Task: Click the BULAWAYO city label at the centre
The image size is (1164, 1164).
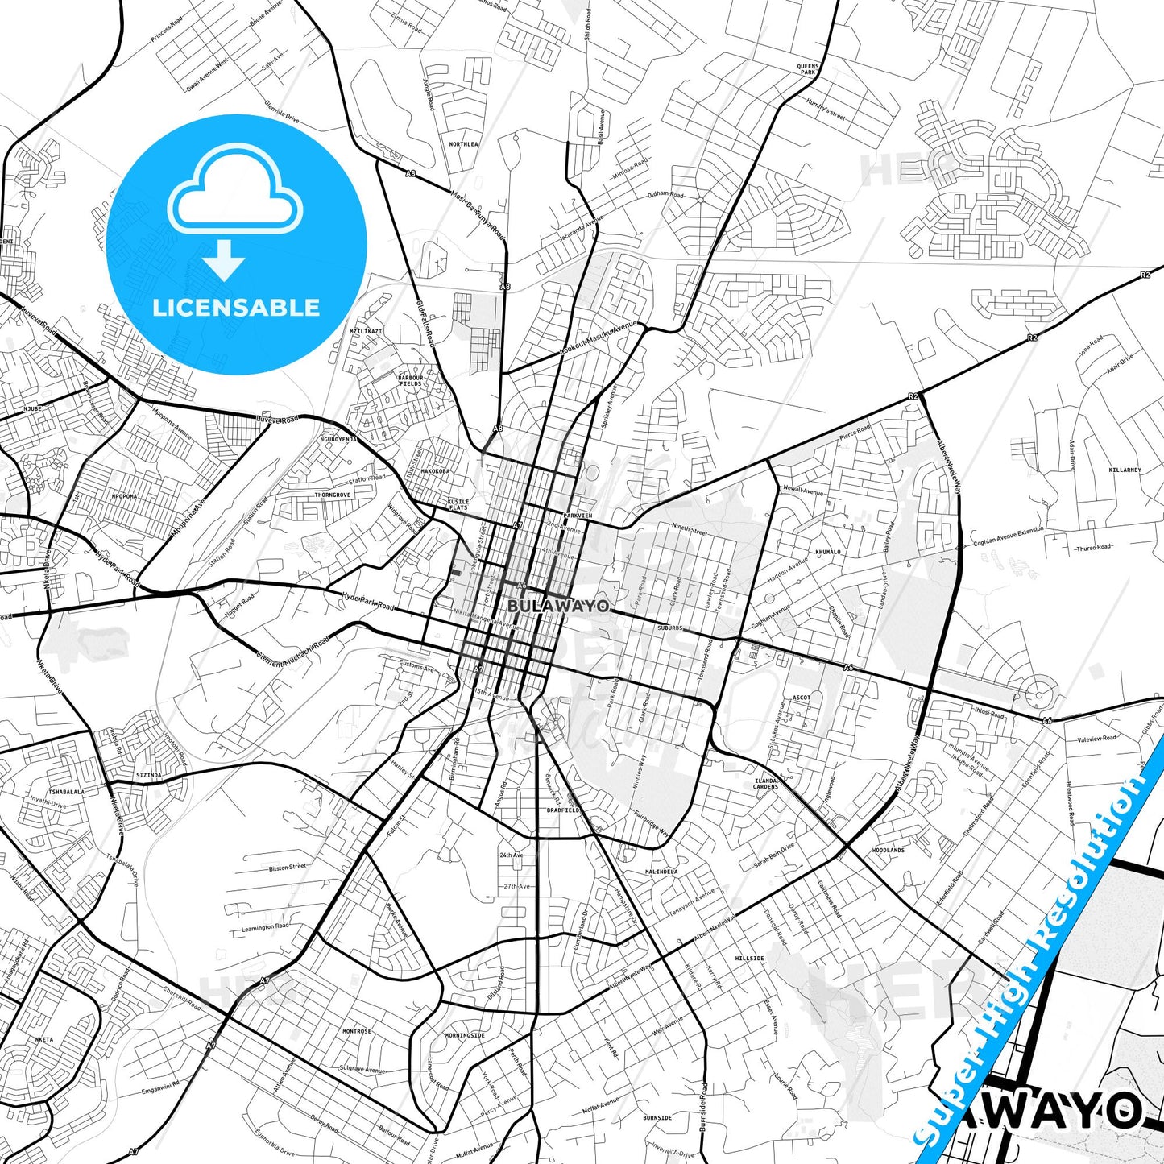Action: [558, 605]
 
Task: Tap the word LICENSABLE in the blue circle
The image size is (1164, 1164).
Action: [236, 308]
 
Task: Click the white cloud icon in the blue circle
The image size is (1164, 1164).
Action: [235, 193]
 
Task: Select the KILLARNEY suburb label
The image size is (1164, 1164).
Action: [1125, 470]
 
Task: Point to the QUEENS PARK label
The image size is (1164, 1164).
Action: [808, 69]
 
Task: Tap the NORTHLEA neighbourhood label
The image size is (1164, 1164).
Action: [463, 144]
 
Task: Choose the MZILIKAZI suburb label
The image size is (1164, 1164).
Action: [366, 331]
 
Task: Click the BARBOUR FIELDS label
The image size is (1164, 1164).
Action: [410, 380]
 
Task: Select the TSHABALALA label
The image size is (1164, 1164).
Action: [66, 792]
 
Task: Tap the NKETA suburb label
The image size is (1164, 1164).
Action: [43, 1039]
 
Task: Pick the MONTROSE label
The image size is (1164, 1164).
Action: [357, 1031]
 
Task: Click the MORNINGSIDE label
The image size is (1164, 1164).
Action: [465, 1035]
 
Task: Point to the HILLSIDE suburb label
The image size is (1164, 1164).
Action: [749, 959]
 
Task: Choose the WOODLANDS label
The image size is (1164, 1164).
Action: [888, 850]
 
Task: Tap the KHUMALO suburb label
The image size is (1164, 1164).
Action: [827, 552]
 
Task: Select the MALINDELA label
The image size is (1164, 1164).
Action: [661, 872]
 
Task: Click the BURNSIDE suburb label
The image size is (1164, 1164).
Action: [657, 1118]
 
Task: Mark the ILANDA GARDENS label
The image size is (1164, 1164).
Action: [765, 783]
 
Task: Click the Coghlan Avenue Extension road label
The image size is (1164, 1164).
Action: [1008, 537]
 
